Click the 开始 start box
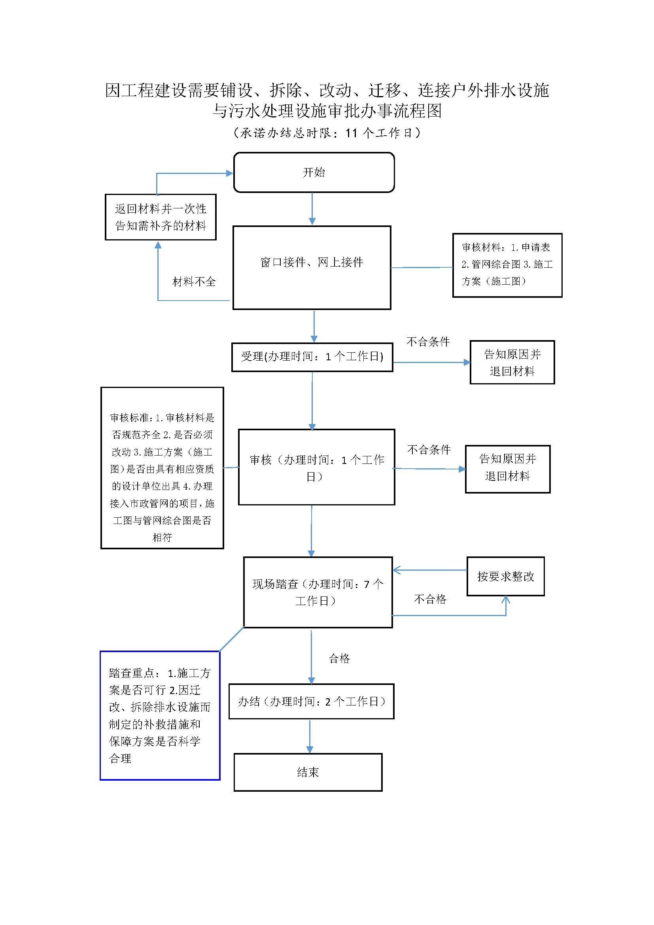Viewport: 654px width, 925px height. point(314,172)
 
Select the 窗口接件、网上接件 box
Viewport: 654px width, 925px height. point(312,267)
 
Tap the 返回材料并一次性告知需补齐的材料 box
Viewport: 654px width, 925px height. point(161,217)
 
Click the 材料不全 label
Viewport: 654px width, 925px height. point(194,282)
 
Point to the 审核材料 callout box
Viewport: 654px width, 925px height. point(507,265)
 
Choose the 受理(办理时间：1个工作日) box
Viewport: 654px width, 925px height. point(312,357)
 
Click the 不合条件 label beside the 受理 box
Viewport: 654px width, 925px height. point(428,342)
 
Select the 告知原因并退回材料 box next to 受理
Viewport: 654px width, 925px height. point(512,362)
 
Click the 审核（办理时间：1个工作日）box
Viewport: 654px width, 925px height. point(317,467)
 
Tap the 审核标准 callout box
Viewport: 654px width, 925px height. point(162,468)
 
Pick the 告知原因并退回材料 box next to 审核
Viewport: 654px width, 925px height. point(507,469)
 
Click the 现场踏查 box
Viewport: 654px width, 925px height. point(318,592)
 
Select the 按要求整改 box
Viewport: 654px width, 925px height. point(505,577)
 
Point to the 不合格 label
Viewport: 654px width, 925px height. point(430,599)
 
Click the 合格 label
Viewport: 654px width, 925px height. point(340,659)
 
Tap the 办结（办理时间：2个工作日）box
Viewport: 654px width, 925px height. point(311,702)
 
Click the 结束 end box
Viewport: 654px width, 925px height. point(308,772)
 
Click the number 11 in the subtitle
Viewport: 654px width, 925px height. point(352,133)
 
